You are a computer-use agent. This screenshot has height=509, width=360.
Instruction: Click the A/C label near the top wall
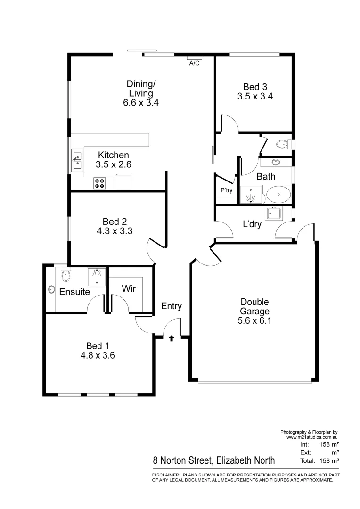194,63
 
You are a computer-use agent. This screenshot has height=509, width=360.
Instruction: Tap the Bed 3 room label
255,87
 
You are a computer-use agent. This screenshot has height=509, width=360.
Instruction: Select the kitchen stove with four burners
99,182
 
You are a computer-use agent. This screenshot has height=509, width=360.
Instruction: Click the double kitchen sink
76,160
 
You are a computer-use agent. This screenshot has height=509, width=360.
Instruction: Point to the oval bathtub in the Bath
278,194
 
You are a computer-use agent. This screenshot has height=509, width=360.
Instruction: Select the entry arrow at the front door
171,337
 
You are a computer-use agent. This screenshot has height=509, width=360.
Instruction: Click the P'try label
225,190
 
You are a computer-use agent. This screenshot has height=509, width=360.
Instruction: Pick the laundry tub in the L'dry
273,214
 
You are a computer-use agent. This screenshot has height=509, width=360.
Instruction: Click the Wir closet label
129,288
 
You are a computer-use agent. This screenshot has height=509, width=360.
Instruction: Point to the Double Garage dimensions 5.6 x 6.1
255,321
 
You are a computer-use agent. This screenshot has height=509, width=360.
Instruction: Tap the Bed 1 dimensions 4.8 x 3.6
98,355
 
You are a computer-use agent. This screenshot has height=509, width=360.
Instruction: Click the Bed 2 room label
115,222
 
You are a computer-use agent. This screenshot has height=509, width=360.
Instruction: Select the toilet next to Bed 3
282,144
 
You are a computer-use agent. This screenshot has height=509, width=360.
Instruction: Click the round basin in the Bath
276,163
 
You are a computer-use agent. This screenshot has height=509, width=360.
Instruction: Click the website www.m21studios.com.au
312,437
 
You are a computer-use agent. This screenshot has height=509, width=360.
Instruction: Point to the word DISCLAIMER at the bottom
165,476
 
